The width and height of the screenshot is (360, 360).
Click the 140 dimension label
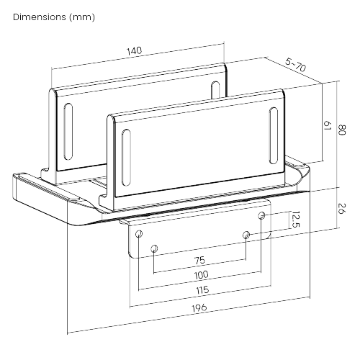(135, 51)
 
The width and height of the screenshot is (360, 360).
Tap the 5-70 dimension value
(296, 65)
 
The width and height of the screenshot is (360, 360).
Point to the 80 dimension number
(342, 130)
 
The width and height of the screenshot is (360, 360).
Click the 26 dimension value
(342, 208)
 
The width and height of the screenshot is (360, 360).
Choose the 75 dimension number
(199, 261)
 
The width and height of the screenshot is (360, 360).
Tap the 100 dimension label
(201, 275)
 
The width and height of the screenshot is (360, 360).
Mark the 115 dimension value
(202, 290)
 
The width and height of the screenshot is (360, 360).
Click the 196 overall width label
(199, 307)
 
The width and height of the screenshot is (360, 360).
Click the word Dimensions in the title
(40, 17)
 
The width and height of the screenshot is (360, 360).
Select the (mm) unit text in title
(82, 17)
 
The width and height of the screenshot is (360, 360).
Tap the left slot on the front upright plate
(126, 158)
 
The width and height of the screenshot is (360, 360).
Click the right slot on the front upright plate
(274, 135)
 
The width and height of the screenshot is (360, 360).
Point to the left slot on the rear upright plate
(68, 132)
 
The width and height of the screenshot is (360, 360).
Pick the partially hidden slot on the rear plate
(215, 90)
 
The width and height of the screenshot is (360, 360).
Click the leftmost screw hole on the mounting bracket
(139, 233)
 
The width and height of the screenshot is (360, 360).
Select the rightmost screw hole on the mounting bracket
(261, 215)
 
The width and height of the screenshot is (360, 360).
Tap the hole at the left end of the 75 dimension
(154, 248)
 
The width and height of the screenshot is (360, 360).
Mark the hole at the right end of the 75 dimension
(246, 235)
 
